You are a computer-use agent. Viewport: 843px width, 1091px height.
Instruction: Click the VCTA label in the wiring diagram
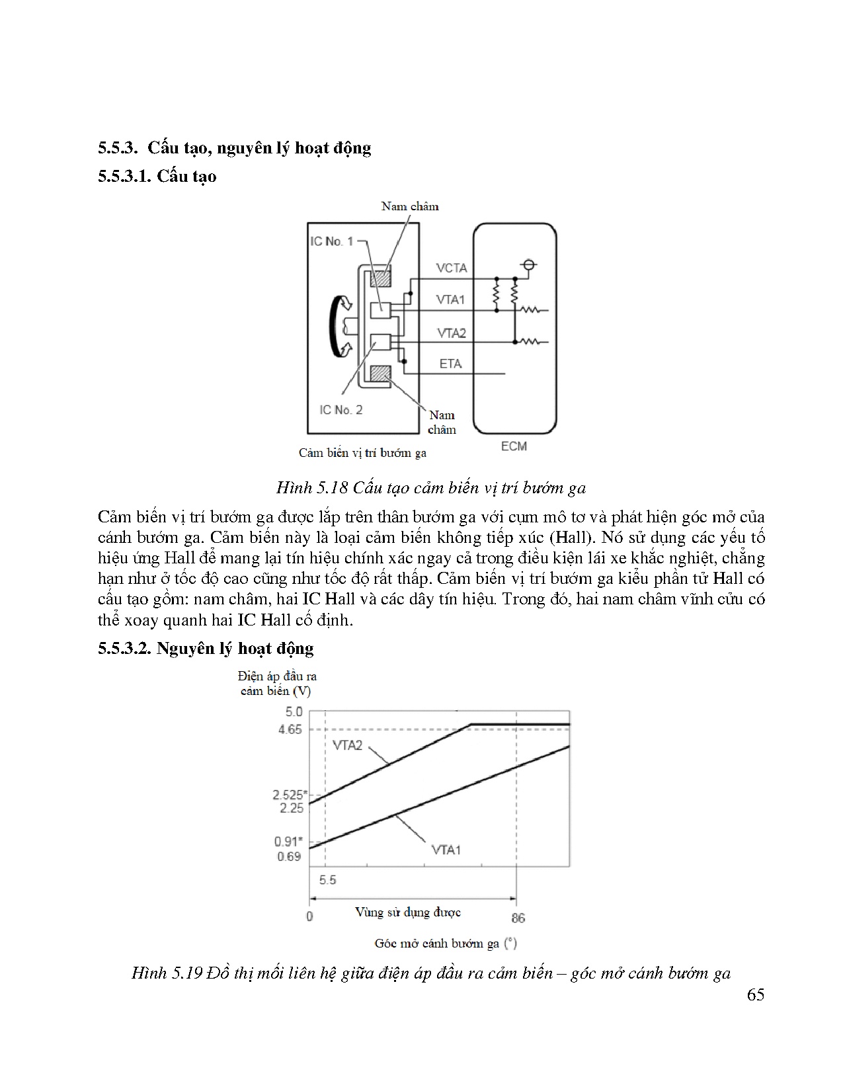pyautogui.click(x=452, y=268)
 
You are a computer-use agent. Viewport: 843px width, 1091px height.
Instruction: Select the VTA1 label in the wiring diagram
pyautogui.click(x=450, y=300)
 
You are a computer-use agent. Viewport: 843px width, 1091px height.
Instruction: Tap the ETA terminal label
pyautogui.click(x=450, y=364)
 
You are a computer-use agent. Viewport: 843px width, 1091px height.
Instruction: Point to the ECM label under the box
pyautogui.click(x=514, y=446)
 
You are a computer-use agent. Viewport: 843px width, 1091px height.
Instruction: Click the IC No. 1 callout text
pyautogui.click(x=332, y=241)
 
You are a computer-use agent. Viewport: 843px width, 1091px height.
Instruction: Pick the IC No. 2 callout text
pyautogui.click(x=341, y=410)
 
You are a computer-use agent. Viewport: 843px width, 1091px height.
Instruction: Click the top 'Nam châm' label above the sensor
pyautogui.click(x=410, y=206)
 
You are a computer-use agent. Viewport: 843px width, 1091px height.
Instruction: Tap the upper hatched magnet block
pyautogui.click(x=380, y=278)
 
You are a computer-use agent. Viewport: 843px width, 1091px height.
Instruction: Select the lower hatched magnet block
pyautogui.click(x=380, y=374)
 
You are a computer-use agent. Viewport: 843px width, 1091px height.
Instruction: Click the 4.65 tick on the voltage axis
pyautogui.click(x=289, y=729)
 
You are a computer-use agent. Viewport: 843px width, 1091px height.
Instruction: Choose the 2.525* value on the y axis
pyautogui.click(x=287, y=795)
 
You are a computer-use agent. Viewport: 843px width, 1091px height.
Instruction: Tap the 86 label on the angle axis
pyautogui.click(x=518, y=918)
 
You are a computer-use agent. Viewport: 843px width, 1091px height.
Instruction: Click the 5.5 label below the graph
pyautogui.click(x=327, y=880)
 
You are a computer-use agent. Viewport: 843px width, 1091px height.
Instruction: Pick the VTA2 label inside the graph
pyautogui.click(x=347, y=745)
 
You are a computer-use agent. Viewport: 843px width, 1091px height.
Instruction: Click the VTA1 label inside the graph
pyautogui.click(x=446, y=850)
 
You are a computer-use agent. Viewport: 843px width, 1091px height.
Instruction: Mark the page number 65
pyautogui.click(x=755, y=994)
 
